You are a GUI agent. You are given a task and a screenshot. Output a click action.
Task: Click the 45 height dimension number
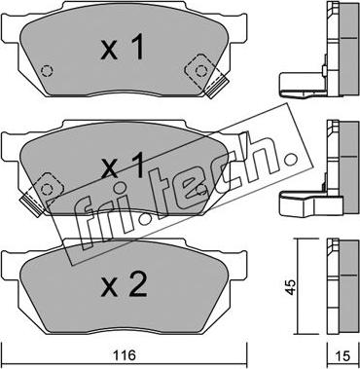(x=291, y=287)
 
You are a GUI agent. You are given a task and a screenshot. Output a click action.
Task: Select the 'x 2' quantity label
(x=125, y=285)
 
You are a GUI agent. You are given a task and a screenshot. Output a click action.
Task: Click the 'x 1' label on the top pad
(x=123, y=48)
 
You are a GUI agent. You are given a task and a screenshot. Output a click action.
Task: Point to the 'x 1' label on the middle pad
(x=123, y=166)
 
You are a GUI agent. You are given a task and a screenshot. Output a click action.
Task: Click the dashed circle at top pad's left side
(x=47, y=71)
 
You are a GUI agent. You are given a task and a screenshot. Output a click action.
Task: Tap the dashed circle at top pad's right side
(x=201, y=70)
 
